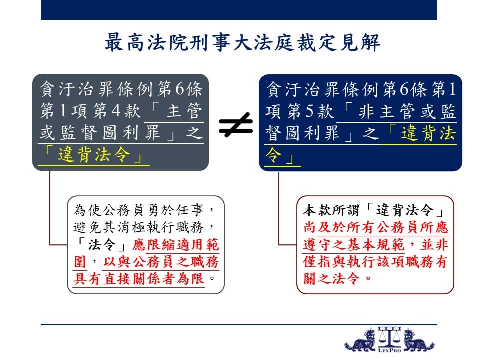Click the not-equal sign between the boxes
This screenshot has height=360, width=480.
(236, 124)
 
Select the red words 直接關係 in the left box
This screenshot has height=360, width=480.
(132, 279)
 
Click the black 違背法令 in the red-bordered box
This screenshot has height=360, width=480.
(404, 210)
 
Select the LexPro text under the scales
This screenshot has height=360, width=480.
(389, 350)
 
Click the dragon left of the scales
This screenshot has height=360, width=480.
(360, 340)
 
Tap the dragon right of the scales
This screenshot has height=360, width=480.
(418, 340)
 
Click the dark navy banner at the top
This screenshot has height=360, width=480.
(239, 10)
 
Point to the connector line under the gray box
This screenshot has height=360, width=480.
(50, 208)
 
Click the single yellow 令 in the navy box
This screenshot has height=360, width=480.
(273, 155)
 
